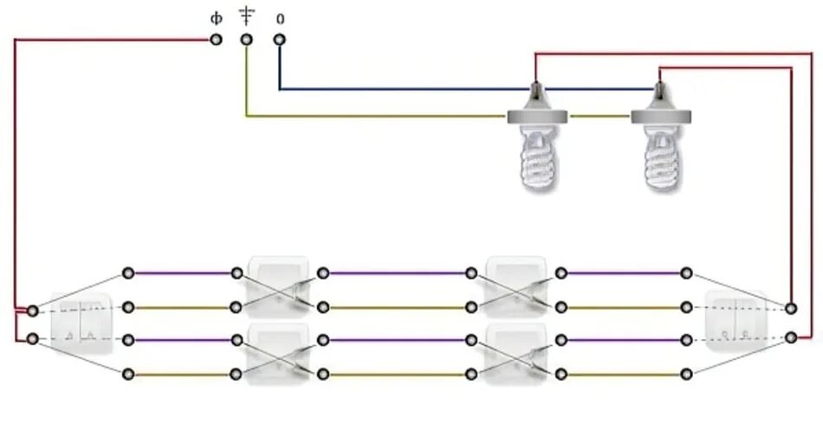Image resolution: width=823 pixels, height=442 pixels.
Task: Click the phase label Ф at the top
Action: click(216, 17)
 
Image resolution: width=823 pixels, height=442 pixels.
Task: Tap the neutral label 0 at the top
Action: click(279, 17)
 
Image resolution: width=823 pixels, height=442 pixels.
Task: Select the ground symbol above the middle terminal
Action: click(247, 15)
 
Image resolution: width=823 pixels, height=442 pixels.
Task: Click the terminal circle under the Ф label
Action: click(216, 40)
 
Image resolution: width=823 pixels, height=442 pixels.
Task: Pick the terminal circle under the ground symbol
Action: click(247, 40)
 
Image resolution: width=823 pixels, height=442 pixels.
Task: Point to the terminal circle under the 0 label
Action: click(279, 40)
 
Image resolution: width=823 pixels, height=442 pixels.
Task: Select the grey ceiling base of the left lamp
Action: click(536, 117)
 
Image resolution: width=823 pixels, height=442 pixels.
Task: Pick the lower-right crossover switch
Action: click(516, 355)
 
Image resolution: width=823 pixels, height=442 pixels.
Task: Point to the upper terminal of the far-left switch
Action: click(33, 310)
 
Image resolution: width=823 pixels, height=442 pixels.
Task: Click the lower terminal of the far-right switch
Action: click(791, 338)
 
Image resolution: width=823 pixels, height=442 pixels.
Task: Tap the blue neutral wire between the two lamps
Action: click(598, 88)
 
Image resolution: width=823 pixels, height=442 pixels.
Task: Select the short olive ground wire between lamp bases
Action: click(599, 116)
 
